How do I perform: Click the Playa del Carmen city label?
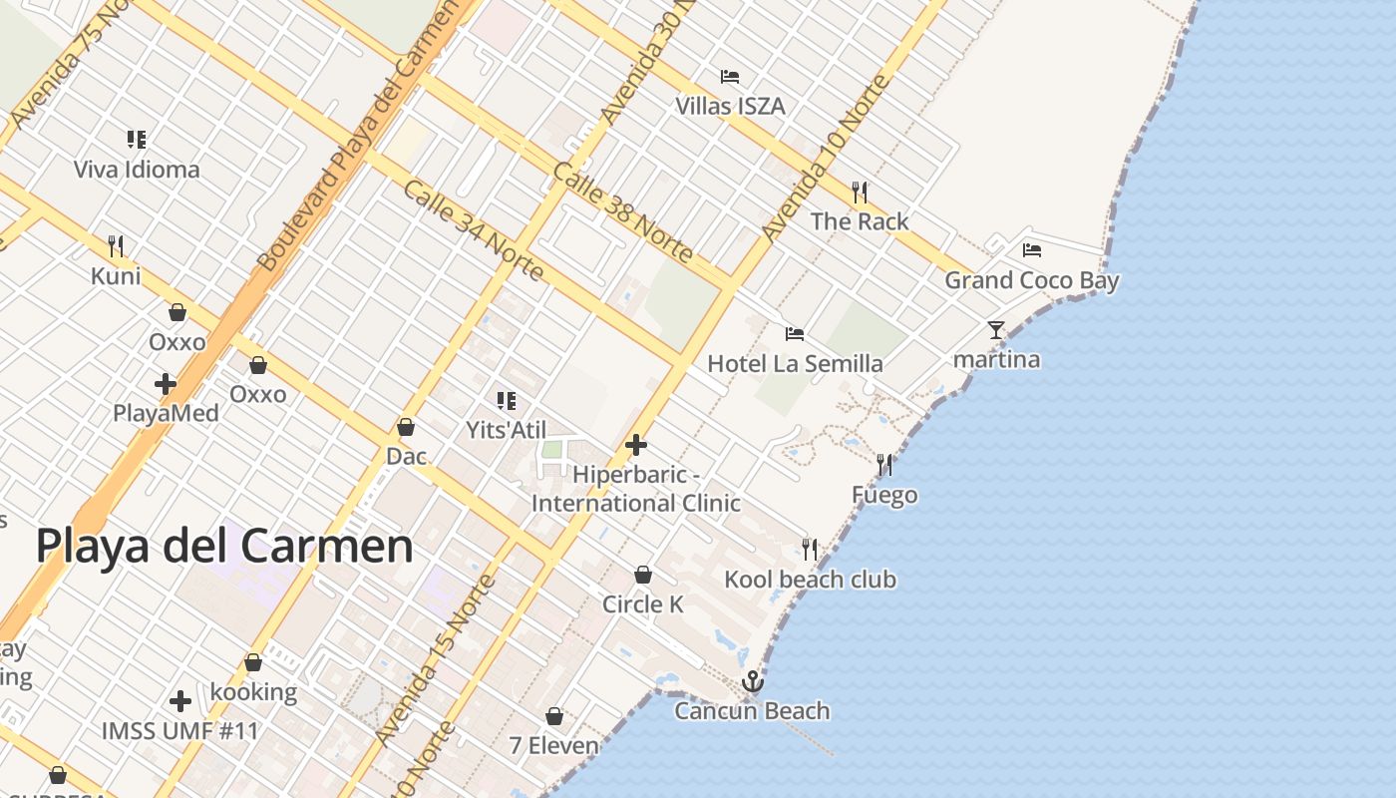(x=224, y=547)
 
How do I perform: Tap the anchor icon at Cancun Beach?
(x=753, y=681)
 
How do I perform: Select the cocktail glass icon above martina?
(x=996, y=329)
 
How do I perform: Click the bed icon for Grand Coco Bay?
(x=1032, y=250)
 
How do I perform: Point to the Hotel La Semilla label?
(x=795, y=364)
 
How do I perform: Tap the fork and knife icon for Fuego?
(x=884, y=464)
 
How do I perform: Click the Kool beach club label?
(x=810, y=580)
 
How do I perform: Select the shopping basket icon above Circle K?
(x=643, y=575)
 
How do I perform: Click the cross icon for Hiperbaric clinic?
(x=636, y=445)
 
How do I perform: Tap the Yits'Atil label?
(x=507, y=430)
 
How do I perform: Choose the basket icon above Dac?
(x=406, y=427)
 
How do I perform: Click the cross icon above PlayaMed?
(x=166, y=383)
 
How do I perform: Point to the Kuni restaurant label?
(x=116, y=276)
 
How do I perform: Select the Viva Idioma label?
(x=137, y=170)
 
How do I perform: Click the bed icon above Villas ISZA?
(x=730, y=77)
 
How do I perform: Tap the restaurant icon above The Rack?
(x=860, y=192)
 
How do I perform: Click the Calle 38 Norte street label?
(x=623, y=212)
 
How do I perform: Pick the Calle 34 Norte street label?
(x=473, y=230)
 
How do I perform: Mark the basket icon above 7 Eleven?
(x=554, y=716)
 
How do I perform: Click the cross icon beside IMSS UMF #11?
(x=180, y=701)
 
